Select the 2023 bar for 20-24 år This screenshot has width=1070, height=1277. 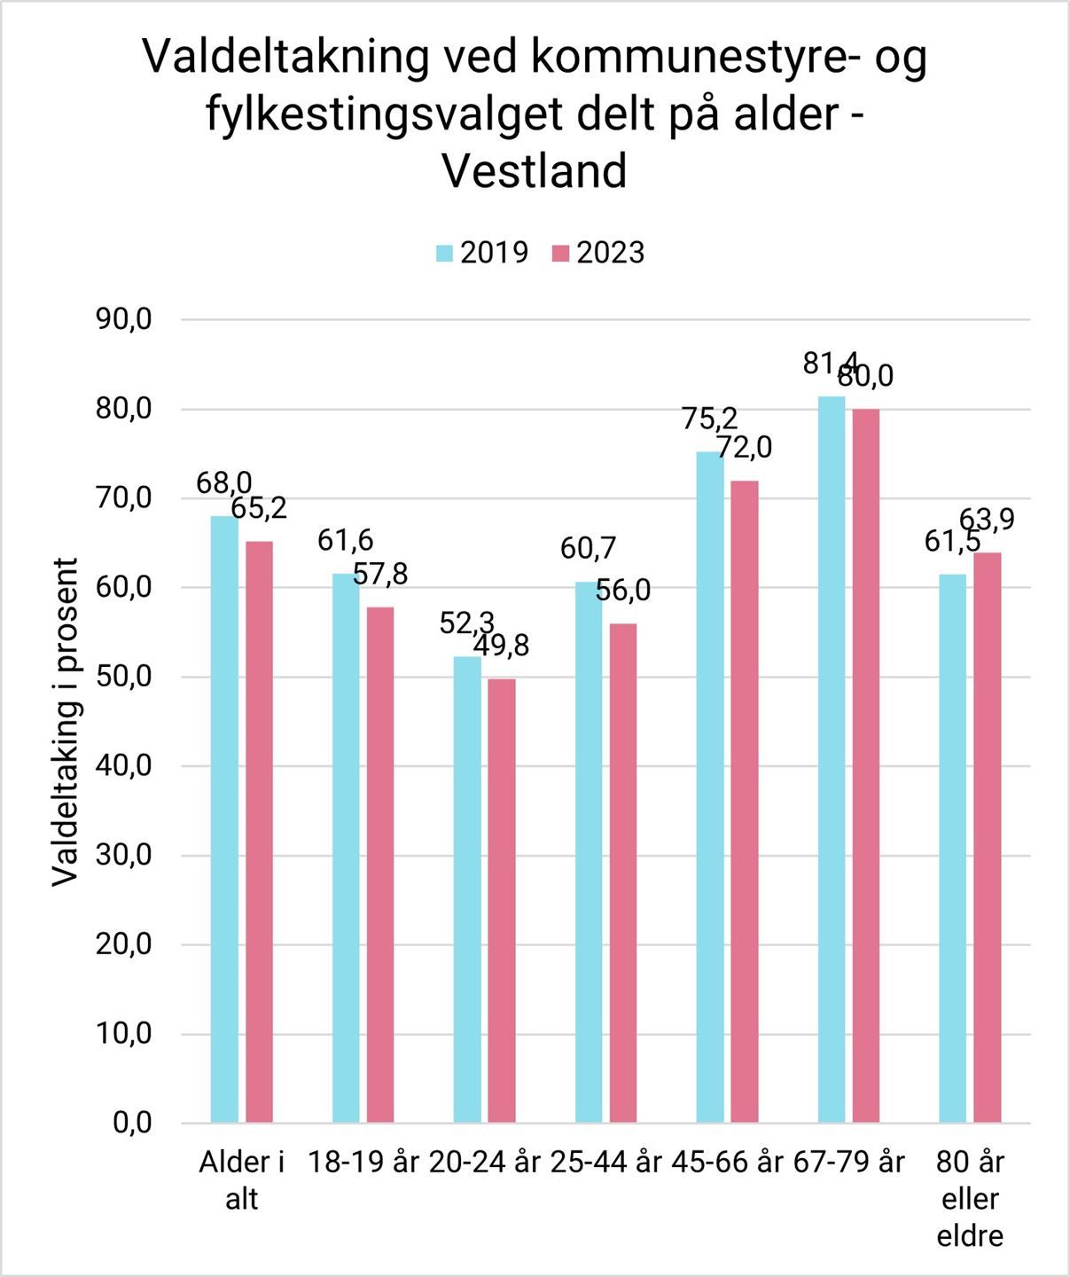[x=502, y=901]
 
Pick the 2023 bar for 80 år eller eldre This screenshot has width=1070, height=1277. [x=988, y=838]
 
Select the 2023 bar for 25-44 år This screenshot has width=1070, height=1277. [x=623, y=874]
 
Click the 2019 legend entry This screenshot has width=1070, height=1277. [x=482, y=253]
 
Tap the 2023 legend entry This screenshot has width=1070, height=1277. [x=598, y=253]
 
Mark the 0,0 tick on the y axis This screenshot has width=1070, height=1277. [x=132, y=1124]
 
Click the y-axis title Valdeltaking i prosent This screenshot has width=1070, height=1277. [x=65, y=722]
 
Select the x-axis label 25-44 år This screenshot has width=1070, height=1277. [x=605, y=1162]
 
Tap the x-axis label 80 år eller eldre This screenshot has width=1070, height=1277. [x=970, y=1198]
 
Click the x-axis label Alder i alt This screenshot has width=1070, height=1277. [x=241, y=1179]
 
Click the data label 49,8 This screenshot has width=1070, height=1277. [x=501, y=645]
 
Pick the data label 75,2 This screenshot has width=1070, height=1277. [x=710, y=418]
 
